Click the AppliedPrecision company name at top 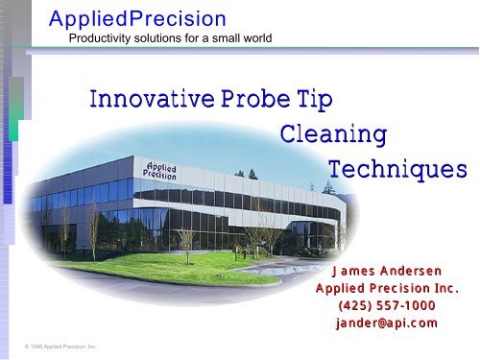click(137, 18)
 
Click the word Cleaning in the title click(333, 133)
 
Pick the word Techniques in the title click(397, 169)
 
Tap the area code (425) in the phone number click(352, 305)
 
